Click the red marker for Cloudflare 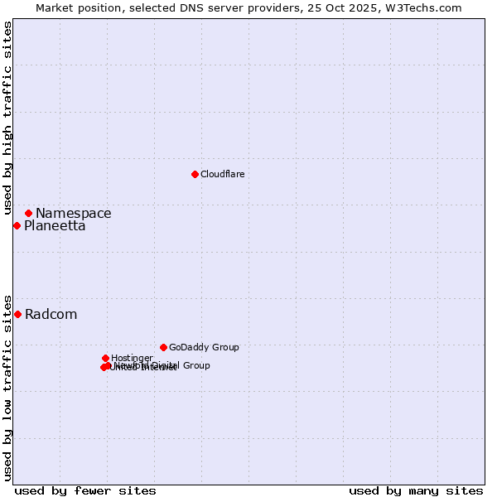tap(195, 174)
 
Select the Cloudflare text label tap(222, 174)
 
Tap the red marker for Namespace tap(28, 213)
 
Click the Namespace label tap(73, 214)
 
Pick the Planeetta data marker tap(17, 225)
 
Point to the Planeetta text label tap(55, 226)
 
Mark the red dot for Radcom tap(17, 314)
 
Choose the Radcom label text tap(51, 315)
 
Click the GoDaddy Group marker tap(163, 347)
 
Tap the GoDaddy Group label tap(204, 347)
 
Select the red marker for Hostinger tap(105, 358)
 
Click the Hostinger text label tap(132, 358)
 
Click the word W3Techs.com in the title tap(427, 7)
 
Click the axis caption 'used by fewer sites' tap(85, 490)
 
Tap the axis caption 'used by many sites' tap(416, 490)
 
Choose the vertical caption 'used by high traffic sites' tap(7, 118)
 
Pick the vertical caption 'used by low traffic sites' tap(7, 386)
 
